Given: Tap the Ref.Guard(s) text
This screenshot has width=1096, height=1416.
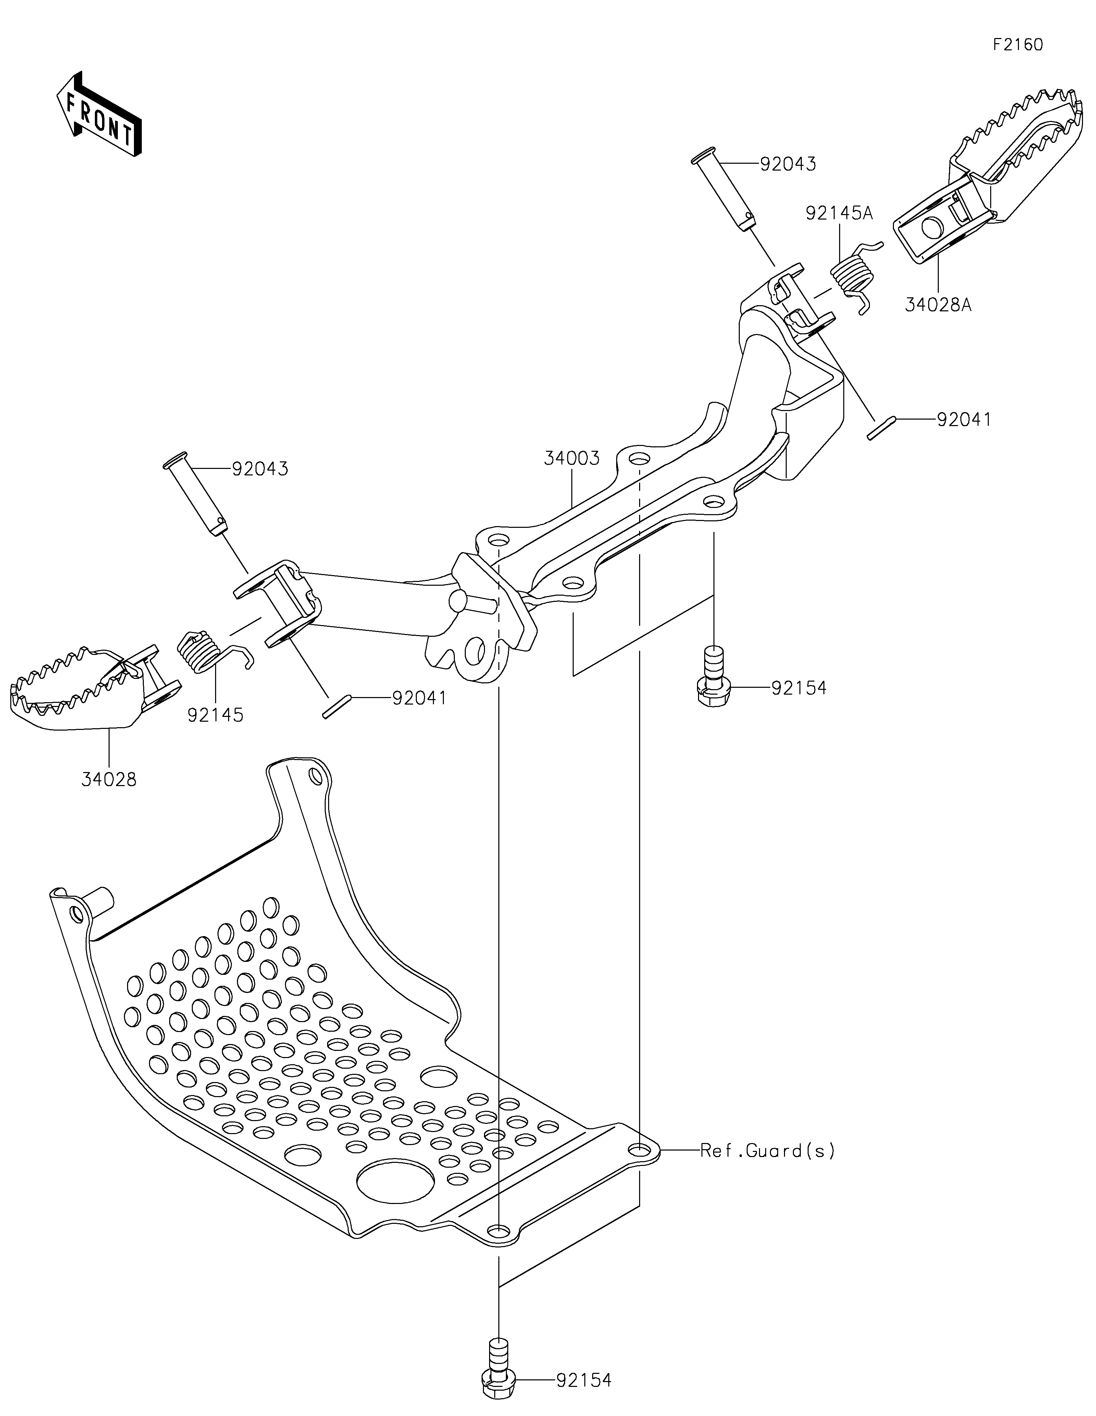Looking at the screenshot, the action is tap(768, 1151).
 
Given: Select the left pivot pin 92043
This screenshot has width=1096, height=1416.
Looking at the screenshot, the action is tap(195, 496).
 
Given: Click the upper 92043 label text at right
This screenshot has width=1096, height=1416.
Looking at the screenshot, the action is tap(787, 164).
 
